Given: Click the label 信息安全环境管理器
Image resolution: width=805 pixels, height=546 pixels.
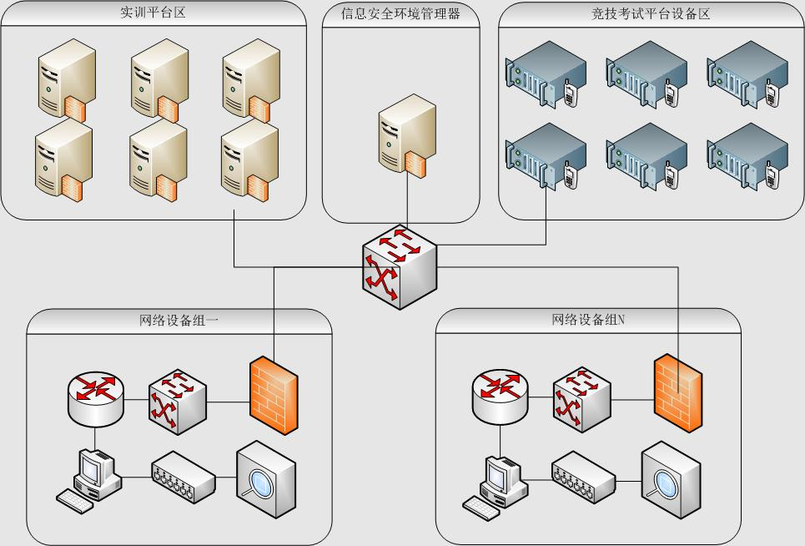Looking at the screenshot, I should (400, 13).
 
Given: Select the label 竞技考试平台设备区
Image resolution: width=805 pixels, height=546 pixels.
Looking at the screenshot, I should (651, 13).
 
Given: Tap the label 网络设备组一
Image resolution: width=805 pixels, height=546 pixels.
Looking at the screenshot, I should (179, 320).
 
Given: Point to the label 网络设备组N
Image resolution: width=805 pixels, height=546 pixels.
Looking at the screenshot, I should (588, 319).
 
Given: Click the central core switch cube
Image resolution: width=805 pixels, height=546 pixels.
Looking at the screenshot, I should (400, 265).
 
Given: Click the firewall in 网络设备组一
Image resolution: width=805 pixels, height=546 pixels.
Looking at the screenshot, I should (273, 395).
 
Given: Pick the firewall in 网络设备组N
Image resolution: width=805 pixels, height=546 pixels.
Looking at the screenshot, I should (677, 393).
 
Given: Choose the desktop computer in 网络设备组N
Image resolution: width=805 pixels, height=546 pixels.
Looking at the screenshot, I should (496, 482).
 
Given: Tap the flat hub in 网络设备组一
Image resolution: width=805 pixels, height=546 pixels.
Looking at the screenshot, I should (183, 478).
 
